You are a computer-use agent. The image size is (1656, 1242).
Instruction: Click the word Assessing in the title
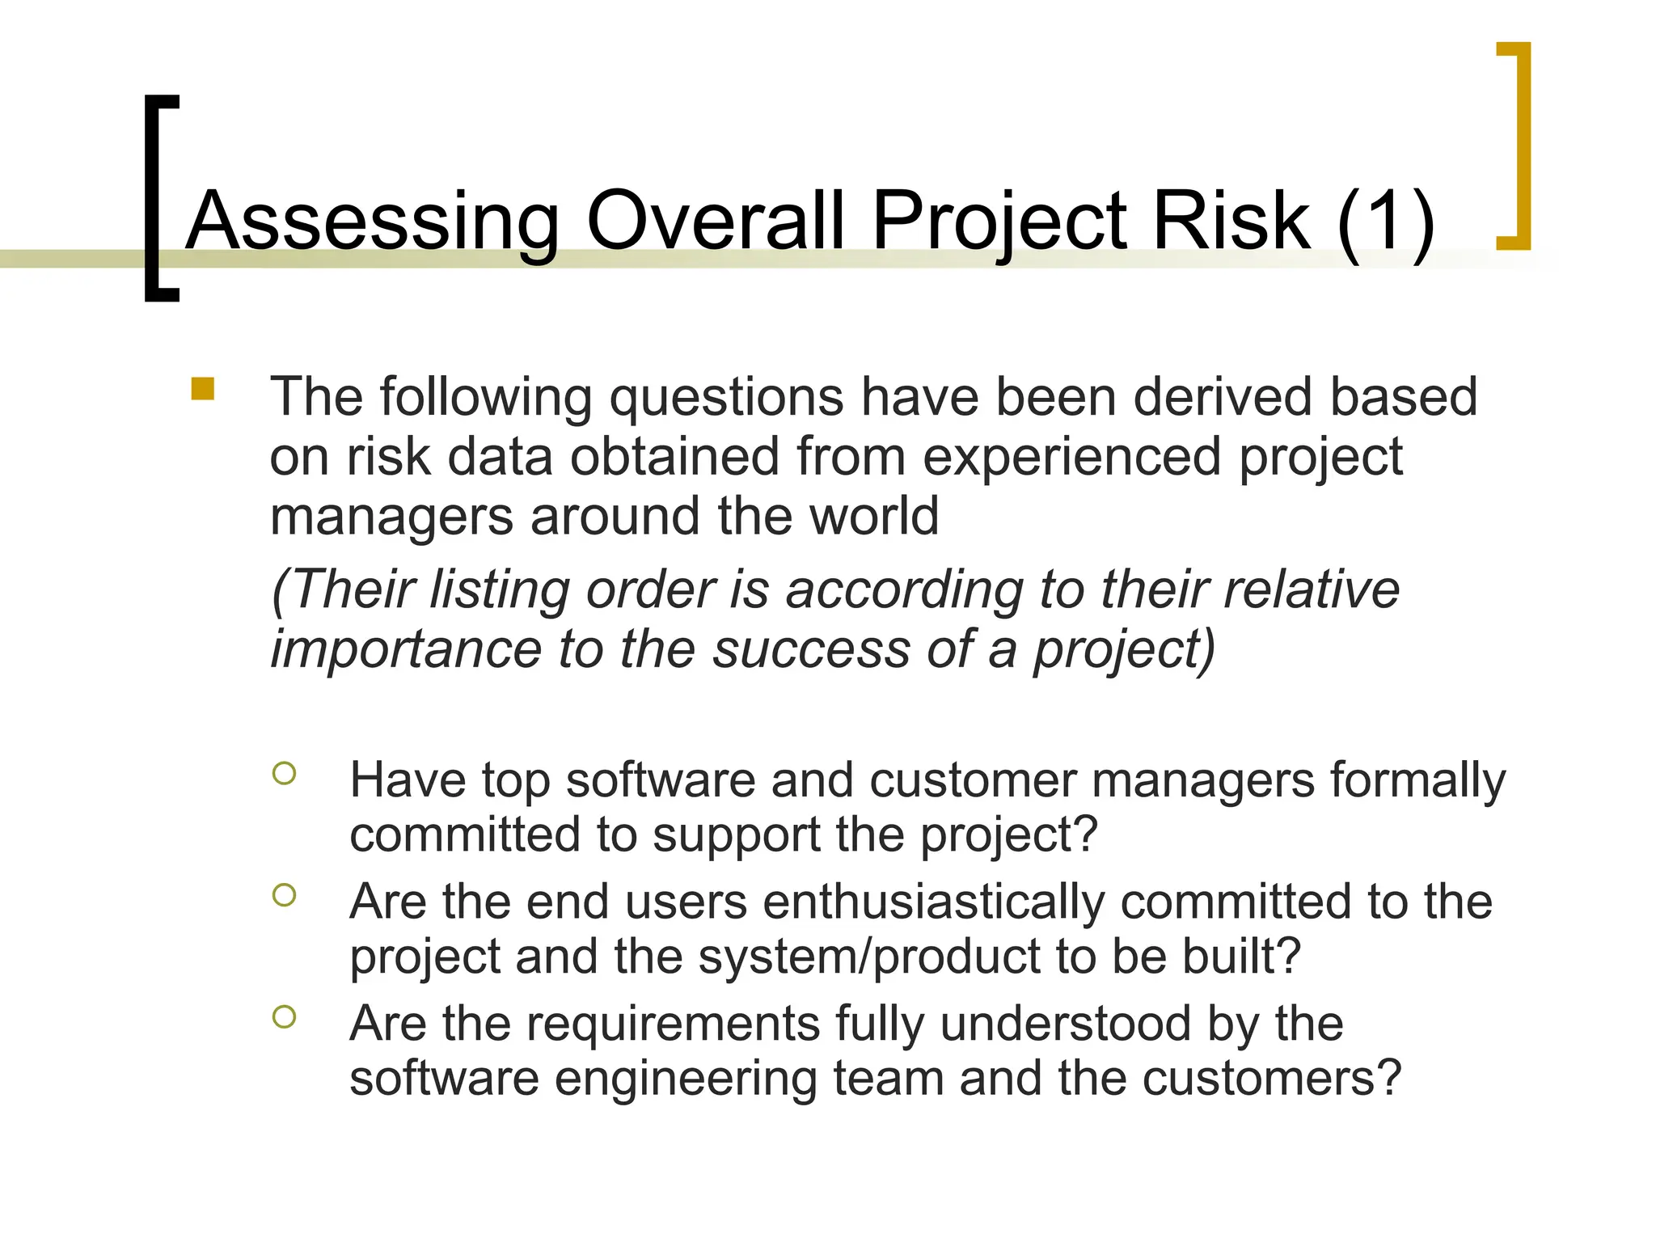373,221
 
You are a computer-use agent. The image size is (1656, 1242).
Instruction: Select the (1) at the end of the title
1386,221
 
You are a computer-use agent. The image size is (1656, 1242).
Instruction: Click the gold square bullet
203,389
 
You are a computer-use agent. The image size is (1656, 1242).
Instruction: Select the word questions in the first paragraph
726,398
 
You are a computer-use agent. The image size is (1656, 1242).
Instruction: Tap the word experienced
1073,457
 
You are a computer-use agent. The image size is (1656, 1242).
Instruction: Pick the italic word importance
405,649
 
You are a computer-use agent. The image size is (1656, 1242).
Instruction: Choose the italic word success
811,649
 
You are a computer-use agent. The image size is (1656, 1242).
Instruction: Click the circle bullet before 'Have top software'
285,774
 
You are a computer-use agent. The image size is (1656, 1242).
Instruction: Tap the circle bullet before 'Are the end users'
285,895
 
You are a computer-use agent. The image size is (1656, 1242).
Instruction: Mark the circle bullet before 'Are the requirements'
285,1016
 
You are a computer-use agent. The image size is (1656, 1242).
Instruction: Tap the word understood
1066,1024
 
